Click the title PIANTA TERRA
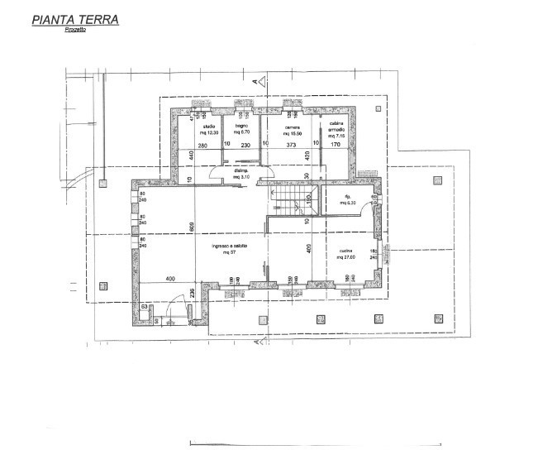(x=74, y=19)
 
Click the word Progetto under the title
(x=75, y=31)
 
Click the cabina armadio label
(x=336, y=129)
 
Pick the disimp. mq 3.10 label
(x=241, y=175)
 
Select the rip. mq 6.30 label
(x=347, y=199)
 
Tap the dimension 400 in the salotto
(x=171, y=278)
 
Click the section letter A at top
(x=252, y=82)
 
